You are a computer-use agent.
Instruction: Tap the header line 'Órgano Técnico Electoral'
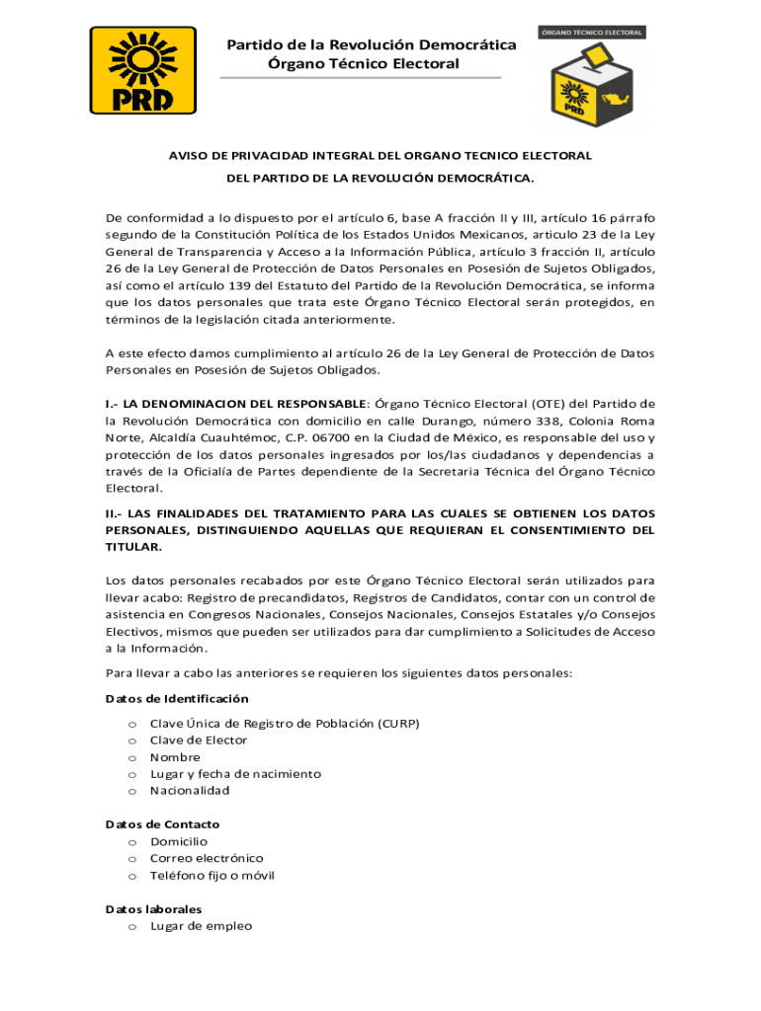point(364,64)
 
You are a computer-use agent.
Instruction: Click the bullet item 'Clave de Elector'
point(199,740)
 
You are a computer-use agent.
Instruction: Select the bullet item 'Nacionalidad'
point(190,791)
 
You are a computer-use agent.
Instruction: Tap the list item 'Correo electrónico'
point(207,859)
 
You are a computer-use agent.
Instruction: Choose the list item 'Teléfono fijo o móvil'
point(212,876)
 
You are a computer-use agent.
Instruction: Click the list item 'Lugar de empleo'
point(201,926)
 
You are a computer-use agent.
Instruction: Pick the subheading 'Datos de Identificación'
point(177,698)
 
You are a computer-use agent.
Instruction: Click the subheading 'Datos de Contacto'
point(162,824)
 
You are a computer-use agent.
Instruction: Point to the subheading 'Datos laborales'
point(153,909)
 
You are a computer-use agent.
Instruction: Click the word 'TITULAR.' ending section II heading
point(133,547)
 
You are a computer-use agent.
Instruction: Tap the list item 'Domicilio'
point(179,842)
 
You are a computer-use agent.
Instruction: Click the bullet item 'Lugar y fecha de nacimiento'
point(235,774)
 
